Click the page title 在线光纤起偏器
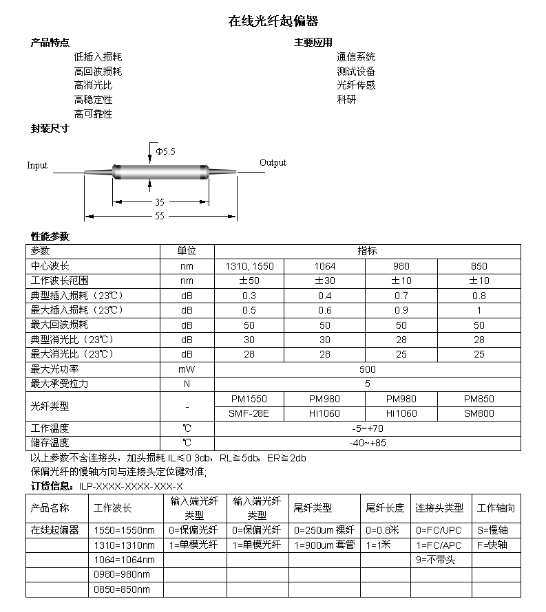coord(273,21)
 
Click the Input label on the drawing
coord(37,165)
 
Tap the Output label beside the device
coord(273,163)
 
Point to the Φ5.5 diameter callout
coord(166,151)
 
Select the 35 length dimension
coord(160,202)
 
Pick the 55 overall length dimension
coord(160,216)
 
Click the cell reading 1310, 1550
coord(249,266)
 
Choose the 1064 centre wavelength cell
coord(324,266)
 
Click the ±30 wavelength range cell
coord(324,281)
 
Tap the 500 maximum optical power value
coord(368,369)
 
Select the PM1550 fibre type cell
coord(249,399)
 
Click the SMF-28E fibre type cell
coord(249,413)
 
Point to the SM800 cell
coord(479,413)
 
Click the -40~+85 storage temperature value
coord(368,443)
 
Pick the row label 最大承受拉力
coord(60,384)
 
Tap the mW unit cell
coord(187,369)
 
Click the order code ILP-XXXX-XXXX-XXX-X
coord(131,486)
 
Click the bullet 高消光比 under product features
coord(93,86)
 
